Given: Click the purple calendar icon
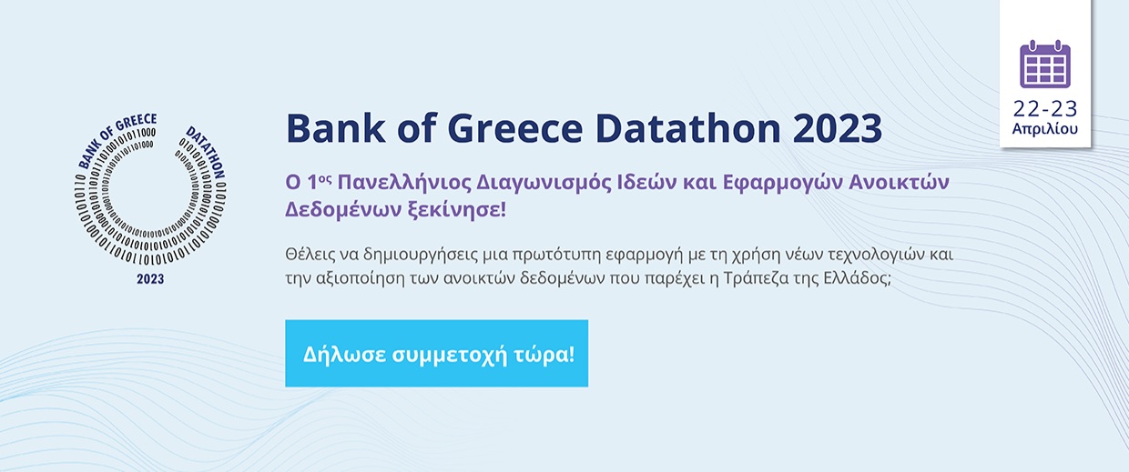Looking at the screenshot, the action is click(1045, 64).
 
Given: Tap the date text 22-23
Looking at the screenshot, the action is click(1045, 109).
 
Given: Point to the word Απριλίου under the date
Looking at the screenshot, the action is click(1045, 129).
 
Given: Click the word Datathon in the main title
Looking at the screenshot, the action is click(688, 129).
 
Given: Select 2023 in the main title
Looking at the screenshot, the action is click(837, 129).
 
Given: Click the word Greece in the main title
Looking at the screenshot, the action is click(515, 129).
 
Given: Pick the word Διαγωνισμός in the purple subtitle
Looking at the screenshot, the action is click(544, 183).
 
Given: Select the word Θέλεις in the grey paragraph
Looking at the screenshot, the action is click(310, 255).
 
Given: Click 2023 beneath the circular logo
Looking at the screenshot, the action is click(150, 279).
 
